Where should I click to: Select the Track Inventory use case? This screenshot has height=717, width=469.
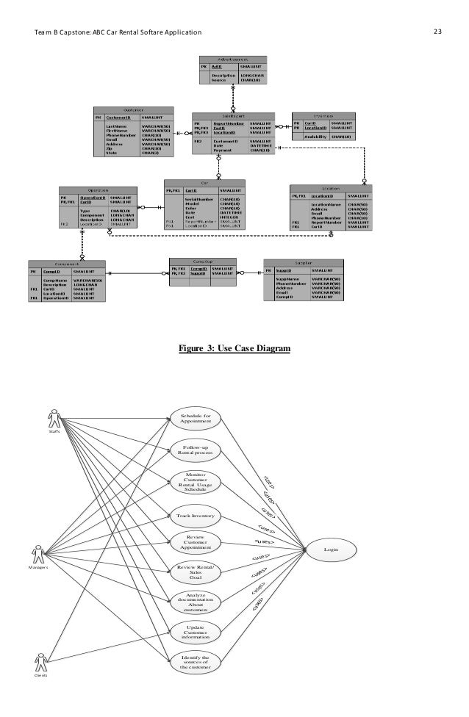click(x=195, y=516)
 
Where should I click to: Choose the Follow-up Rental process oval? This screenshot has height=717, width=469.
click(x=195, y=449)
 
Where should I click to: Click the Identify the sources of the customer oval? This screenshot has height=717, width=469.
click(x=195, y=662)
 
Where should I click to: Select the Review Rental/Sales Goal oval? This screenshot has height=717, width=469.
click(x=195, y=572)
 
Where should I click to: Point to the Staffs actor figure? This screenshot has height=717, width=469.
click(x=54, y=421)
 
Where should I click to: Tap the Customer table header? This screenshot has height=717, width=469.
click(x=133, y=109)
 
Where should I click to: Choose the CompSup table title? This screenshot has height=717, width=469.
click(x=202, y=261)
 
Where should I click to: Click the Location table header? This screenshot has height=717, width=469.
click(x=331, y=188)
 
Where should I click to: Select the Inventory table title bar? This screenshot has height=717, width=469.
click(x=323, y=115)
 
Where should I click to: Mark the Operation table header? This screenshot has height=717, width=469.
click(x=98, y=189)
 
